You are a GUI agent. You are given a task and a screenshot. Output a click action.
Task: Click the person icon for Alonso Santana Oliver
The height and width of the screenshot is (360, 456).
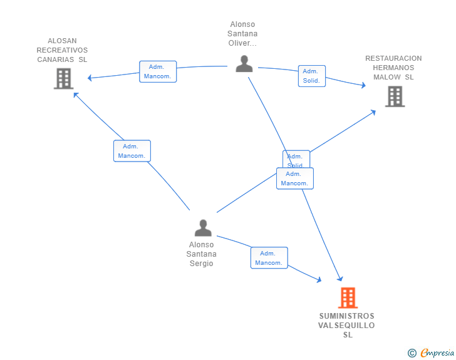coord(244,63)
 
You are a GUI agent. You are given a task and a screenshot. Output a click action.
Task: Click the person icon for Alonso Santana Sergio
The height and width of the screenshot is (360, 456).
coord(203,228)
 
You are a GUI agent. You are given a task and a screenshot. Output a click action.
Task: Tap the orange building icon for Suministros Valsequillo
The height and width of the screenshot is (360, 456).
coord(348,297)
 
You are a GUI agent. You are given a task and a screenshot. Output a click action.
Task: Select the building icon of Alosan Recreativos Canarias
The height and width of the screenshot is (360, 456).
coord(63,79)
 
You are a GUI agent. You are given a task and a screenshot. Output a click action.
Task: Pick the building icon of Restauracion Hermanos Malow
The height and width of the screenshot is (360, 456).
coord(395,96)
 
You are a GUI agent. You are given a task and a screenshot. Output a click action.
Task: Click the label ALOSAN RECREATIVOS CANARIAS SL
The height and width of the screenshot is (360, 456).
coord(62,50)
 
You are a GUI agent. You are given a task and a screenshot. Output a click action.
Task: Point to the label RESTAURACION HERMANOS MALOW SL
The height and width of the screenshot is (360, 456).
coord(393,68)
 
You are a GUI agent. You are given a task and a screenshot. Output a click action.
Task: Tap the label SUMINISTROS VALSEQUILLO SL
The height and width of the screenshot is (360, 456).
coord(346,325)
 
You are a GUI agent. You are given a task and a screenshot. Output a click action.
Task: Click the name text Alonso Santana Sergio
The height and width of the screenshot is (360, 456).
coord(202,254)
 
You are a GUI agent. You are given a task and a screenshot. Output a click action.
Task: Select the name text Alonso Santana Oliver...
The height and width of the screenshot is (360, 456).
coord(244,34)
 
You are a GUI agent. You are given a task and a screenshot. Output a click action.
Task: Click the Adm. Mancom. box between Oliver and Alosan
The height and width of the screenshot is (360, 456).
coord(158,71)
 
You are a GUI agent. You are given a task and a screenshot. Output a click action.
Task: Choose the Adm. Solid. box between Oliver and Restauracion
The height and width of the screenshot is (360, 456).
coord(311,76)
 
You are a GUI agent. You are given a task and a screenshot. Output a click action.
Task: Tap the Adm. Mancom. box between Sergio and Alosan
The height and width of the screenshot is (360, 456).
coord(132,151)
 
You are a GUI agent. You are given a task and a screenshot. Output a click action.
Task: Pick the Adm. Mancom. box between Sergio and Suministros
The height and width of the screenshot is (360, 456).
coord(269,258)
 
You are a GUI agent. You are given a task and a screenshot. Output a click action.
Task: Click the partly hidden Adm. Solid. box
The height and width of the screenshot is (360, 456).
coord(296,156)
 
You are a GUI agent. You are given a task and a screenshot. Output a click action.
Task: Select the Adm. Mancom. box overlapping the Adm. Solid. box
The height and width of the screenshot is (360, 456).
coord(294,178)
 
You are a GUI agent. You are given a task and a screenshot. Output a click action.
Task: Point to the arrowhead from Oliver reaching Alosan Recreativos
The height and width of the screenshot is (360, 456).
coord(90,78)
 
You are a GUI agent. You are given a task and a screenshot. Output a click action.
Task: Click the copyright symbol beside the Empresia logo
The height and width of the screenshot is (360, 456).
coord(412,353)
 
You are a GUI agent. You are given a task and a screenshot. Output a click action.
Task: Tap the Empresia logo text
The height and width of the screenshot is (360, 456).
coord(437,353)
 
